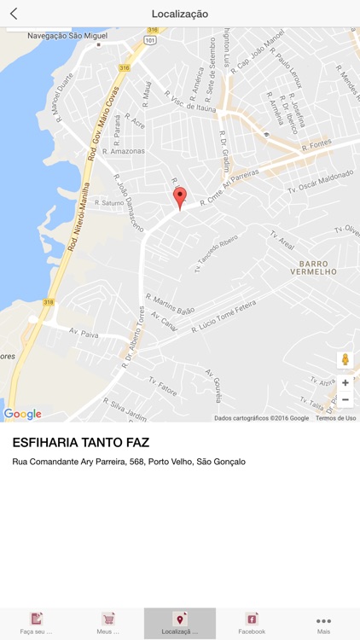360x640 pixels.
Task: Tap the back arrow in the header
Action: pos(14,14)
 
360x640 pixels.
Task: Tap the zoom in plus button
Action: pos(345,382)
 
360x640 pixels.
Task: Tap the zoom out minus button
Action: pos(345,399)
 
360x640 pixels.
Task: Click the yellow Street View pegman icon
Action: pos(345,360)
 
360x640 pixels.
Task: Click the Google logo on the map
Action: pos(23,414)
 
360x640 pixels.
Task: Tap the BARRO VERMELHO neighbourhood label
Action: pos(318,267)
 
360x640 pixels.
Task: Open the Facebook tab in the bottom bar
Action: pos(252,623)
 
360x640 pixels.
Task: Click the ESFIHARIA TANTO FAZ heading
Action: pos(80,442)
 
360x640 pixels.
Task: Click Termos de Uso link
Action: pos(335,418)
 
